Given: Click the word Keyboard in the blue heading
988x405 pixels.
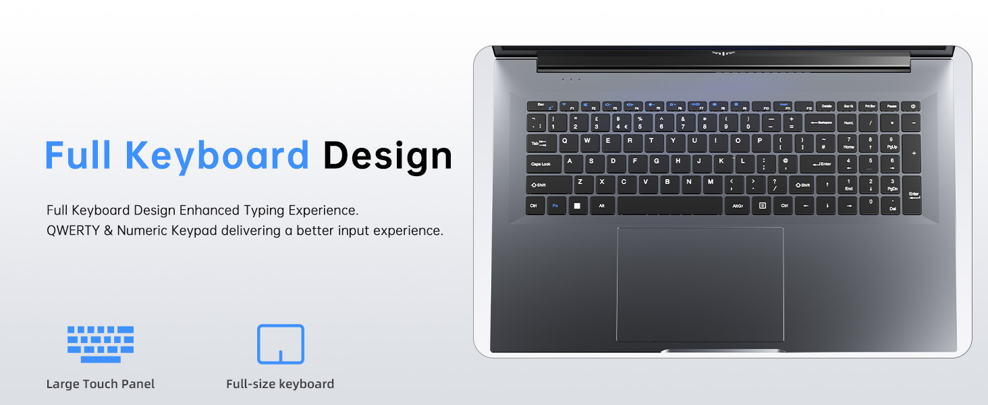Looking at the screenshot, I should [217, 155].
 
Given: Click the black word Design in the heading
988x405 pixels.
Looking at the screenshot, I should [387, 155].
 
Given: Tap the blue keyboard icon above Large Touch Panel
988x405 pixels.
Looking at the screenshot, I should [101, 344].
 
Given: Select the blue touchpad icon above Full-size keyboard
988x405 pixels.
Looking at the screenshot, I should [281, 344].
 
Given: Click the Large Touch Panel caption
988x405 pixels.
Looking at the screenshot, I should [101, 384].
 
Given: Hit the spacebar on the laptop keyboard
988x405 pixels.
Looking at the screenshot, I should [669, 205].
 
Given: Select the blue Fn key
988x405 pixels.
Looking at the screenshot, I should [556, 205].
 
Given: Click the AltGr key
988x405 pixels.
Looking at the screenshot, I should [737, 205].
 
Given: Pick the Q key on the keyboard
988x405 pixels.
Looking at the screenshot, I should [566, 142].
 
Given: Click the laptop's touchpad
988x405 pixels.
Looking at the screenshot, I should [700, 283].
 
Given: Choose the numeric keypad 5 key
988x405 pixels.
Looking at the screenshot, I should [870, 163].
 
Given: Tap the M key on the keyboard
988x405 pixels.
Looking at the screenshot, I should [711, 184].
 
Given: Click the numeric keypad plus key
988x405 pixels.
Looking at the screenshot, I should [912, 153].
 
